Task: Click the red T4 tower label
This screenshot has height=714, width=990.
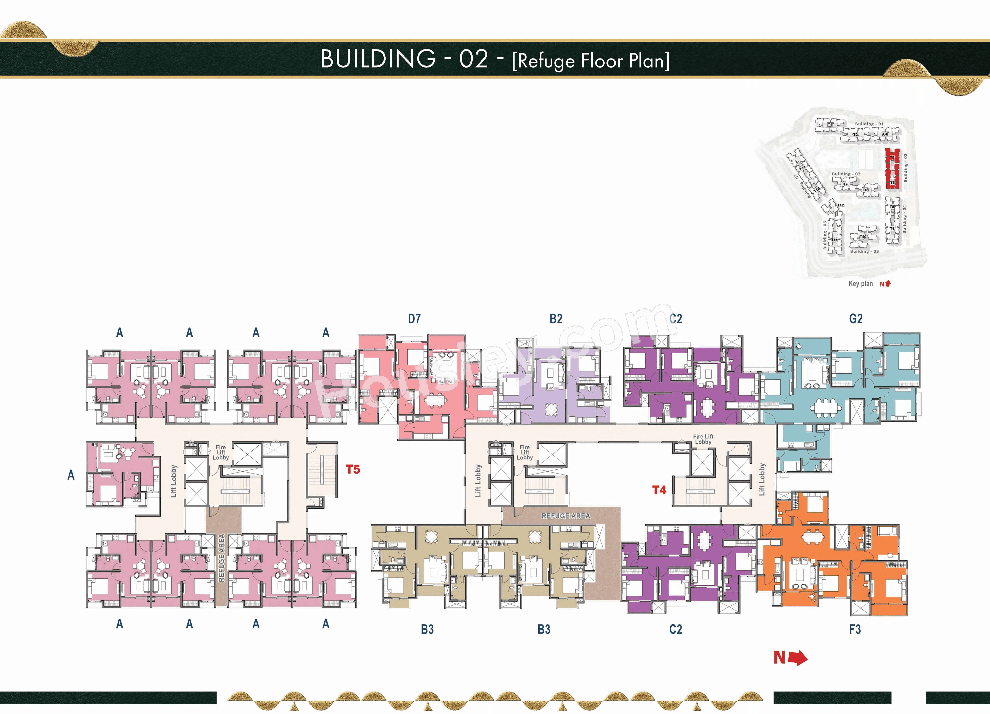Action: [659, 490]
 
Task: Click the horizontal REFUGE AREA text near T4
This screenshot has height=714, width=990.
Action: [566, 516]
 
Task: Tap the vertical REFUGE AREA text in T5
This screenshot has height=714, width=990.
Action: [221, 558]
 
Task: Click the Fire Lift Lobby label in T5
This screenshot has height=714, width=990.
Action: [220, 452]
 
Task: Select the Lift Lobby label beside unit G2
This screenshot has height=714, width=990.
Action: [762, 479]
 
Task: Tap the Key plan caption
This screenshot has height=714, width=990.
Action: [860, 284]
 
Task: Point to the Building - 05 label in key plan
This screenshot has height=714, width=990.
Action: [864, 251]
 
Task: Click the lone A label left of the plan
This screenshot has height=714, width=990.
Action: [71, 475]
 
